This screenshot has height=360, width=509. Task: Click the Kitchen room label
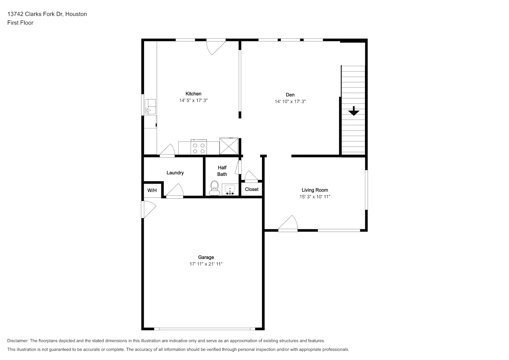[193, 94]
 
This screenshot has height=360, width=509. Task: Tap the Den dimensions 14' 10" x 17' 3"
[290, 102]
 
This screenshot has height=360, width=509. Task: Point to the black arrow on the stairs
[354, 111]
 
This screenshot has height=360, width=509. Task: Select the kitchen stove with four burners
[199, 147]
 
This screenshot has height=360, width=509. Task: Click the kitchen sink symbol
[150, 107]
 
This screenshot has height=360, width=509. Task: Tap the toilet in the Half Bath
[214, 188]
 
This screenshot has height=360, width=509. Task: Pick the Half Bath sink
[230, 190]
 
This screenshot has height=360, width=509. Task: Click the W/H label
[152, 190]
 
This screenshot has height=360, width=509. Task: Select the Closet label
[252, 189]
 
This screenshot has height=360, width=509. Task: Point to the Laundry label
[175, 173]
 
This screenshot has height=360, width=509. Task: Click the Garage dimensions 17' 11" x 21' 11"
[206, 264]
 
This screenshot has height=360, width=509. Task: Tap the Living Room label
[315, 190]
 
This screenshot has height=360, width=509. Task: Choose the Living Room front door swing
[288, 223]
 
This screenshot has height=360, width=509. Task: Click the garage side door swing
[149, 209]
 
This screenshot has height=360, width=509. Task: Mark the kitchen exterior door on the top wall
[216, 46]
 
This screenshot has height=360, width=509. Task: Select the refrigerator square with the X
[229, 146]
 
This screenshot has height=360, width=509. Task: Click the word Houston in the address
[76, 14]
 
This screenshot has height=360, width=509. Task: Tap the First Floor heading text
[20, 23]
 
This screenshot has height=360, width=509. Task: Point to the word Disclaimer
[18, 341]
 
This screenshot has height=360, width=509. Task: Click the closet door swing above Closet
[251, 176]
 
